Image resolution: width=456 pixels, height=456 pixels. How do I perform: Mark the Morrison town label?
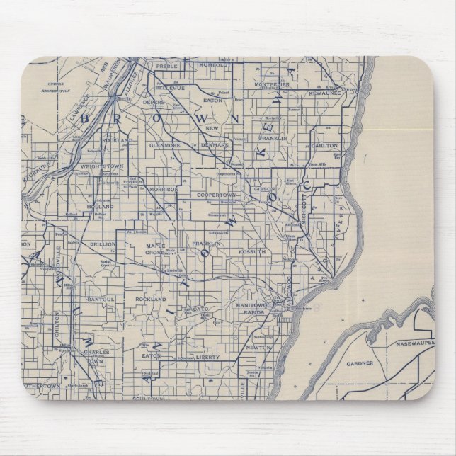pyautogui.click(x=164, y=190)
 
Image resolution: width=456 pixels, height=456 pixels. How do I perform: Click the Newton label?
pyautogui.click(x=256, y=348)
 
